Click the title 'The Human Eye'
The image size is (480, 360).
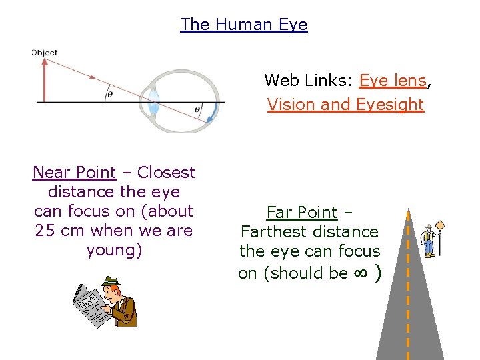pyautogui.click(x=243, y=25)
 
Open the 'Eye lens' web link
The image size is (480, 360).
pyautogui.click(x=392, y=81)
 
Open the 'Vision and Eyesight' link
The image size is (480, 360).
pyautogui.click(x=345, y=105)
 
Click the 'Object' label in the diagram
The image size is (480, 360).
pyautogui.click(x=45, y=53)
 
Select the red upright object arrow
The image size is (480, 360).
pyautogui.click(x=45, y=80)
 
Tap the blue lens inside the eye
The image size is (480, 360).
pyautogui.click(x=154, y=101)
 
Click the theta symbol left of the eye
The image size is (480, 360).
pyautogui.click(x=109, y=95)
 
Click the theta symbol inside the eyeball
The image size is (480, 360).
pyautogui.click(x=197, y=109)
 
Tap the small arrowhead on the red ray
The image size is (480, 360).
pyautogui.click(x=91, y=77)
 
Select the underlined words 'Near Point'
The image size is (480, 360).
pyautogui.click(x=74, y=173)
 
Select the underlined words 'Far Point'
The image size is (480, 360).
pyautogui.click(x=302, y=213)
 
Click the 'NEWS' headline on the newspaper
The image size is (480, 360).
pyautogui.click(x=86, y=303)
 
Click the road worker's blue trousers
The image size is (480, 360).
pyautogui.click(x=429, y=248)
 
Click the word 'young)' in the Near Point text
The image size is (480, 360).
pyautogui.click(x=114, y=251)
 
